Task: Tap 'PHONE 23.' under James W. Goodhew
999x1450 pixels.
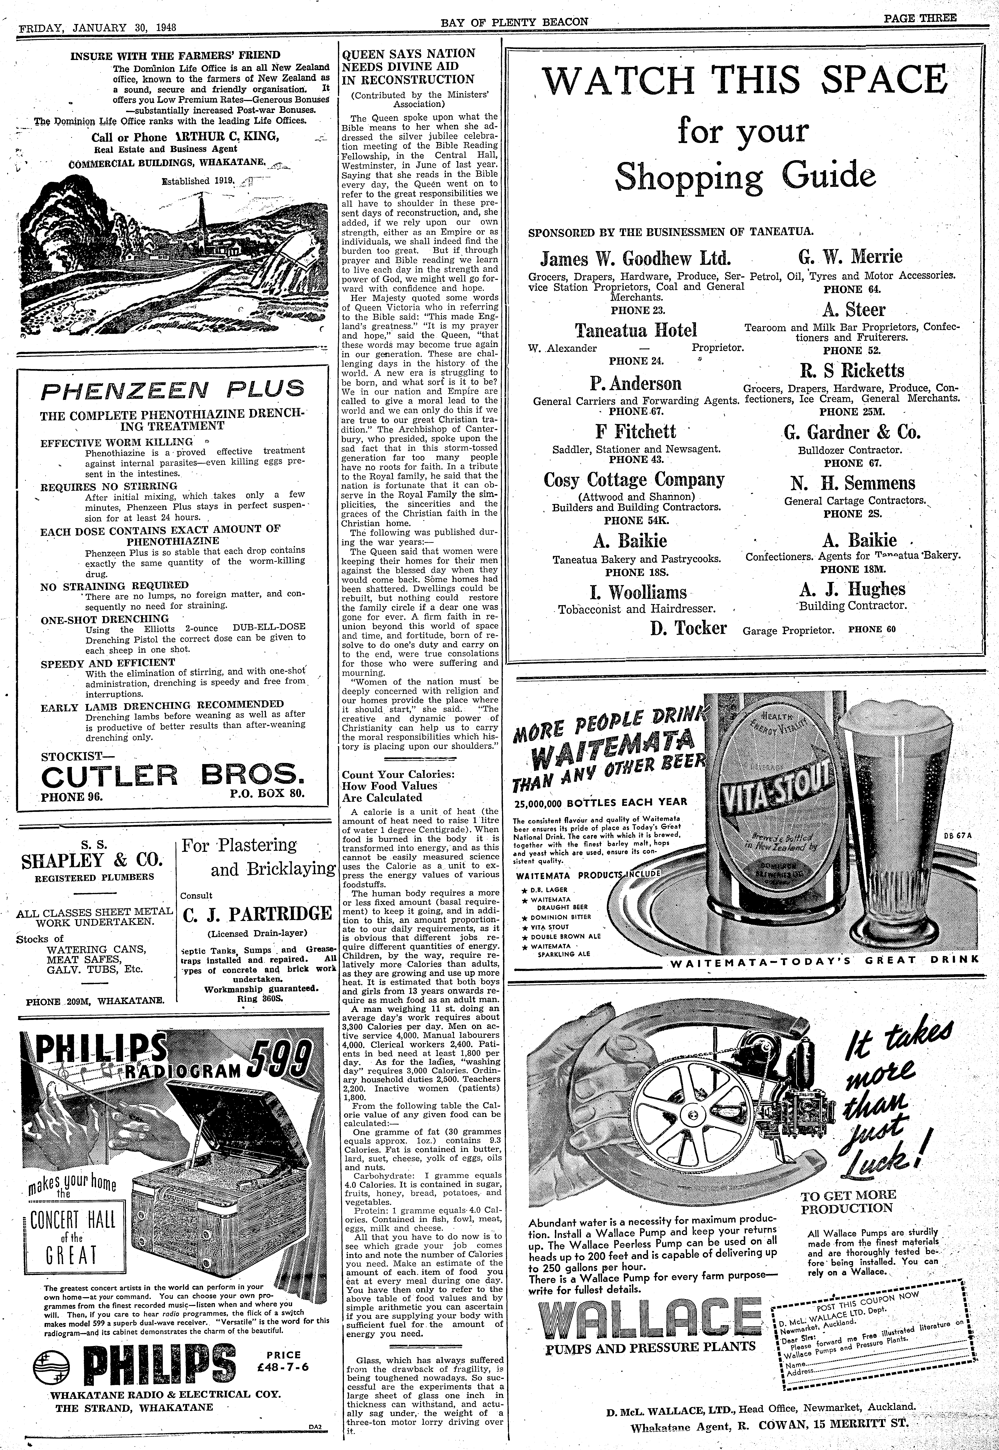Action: click(x=637, y=310)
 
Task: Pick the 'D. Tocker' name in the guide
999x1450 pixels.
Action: click(x=688, y=628)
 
